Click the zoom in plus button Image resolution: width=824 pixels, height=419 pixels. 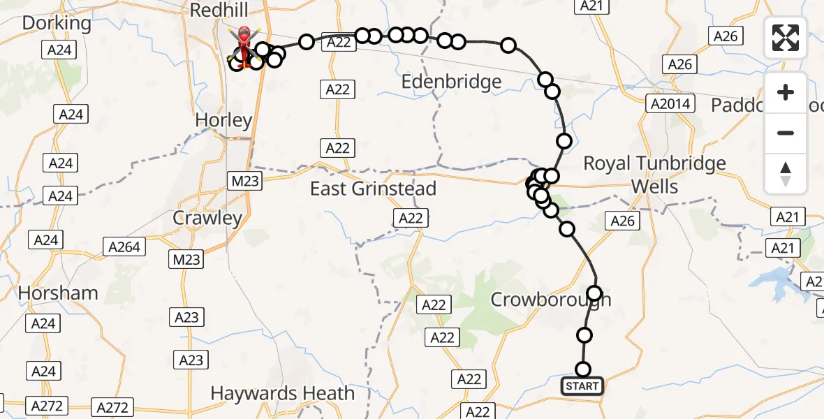[x=786, y=92]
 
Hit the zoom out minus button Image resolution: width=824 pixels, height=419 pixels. [x=786, y=133]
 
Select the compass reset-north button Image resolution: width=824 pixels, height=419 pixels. [x=786, y=173]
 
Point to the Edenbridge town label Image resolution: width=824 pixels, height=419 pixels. [x=452, y=82]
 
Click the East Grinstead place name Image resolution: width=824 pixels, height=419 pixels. [x=373, y=189]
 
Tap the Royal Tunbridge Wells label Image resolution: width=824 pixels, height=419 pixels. [x=654, y=175]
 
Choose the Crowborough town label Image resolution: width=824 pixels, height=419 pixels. [x=550, y=300]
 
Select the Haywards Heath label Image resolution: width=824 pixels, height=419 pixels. [x=282, y=393]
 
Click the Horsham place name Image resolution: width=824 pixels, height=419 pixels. [x=58, y=293]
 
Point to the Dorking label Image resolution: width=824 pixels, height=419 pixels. [x=57, y=23]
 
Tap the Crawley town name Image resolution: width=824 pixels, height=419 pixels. [x=207, y=218]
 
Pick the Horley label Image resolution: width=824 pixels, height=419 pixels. [x=223, y=120]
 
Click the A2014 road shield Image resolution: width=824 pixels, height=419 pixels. [x=669, y=104]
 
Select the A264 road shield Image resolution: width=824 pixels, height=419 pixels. [x=125, y=247]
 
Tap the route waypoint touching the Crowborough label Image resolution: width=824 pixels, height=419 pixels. [x=594, y=293]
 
